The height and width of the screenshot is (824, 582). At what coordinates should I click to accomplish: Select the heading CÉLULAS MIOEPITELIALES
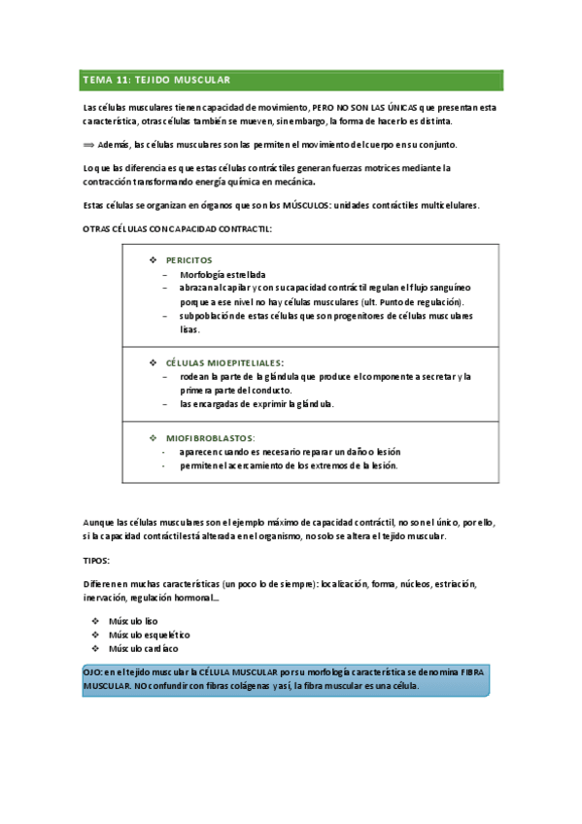coord(218,362)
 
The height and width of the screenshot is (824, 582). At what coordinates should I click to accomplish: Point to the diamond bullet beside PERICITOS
coord(152,260)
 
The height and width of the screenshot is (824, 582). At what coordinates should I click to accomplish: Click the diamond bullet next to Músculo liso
coord(94,620)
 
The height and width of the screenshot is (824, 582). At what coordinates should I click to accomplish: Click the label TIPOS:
coord(96,561)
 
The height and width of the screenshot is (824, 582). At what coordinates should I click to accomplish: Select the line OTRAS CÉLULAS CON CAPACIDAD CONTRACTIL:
coord(174,228)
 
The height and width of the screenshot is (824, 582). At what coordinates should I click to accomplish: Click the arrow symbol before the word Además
coord(91,145)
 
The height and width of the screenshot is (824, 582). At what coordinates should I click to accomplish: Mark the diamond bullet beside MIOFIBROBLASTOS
coord(152,438)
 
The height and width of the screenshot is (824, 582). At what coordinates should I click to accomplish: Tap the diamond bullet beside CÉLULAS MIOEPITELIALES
coord(152,362)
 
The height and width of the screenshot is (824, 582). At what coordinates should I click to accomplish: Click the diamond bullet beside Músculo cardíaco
coord(94,648)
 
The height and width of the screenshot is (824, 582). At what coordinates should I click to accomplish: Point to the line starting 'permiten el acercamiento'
coord(289,465)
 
